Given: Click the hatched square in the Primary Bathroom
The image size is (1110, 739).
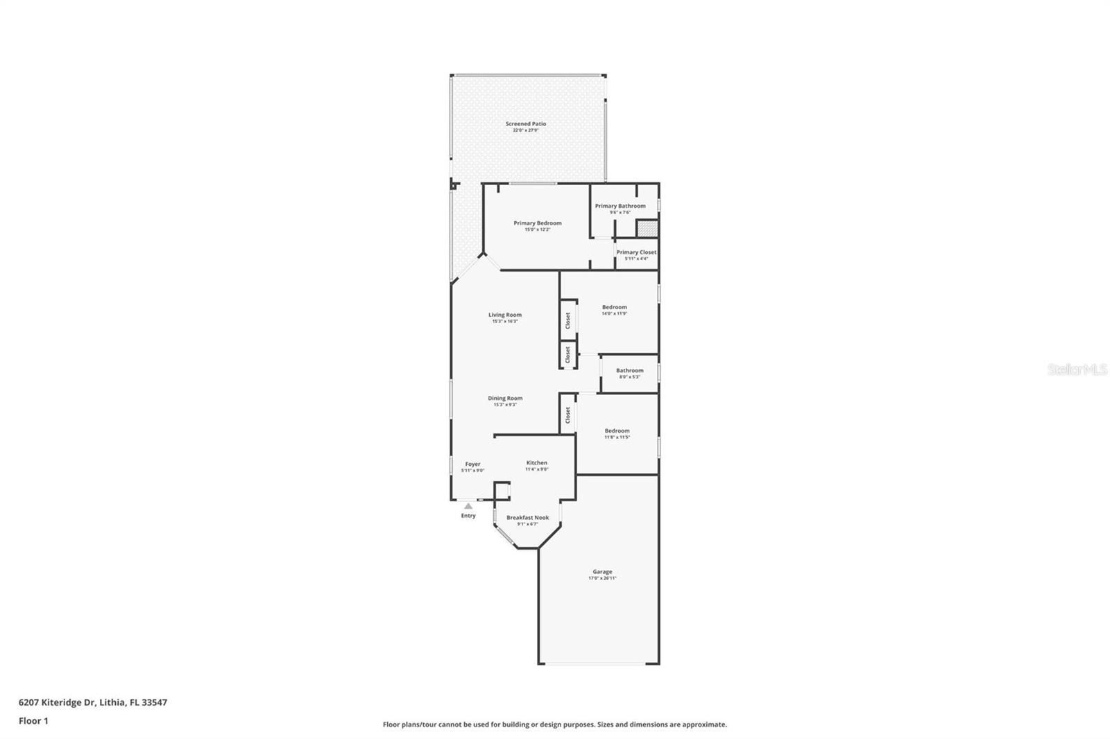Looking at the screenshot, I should click(x=647, y=228).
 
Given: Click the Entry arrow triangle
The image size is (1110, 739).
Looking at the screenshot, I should click(x=468, y=506).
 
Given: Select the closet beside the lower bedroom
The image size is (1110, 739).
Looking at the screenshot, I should click(x=567, y=415).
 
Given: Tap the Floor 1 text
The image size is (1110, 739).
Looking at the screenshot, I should click(x=33, y=721).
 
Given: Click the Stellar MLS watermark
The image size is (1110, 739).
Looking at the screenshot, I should click(x=1076, y=370).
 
